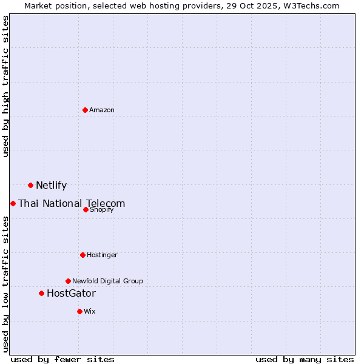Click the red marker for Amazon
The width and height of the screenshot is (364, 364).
(x=85, y=110)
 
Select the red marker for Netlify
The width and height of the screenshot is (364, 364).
(x=30, y=185)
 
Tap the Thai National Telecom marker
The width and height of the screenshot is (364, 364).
(x=13, y=203)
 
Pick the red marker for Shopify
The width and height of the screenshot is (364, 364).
(x=86, y=209)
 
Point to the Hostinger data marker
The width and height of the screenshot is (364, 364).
(x=83, y=255)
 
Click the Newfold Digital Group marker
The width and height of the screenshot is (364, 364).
(x=68, y=281)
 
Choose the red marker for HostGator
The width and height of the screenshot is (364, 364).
(x=41, y=293)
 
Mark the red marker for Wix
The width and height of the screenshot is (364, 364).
(x=79, y=311)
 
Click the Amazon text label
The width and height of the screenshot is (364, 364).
(x=102, y=110)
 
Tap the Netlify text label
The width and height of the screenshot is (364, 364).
(x=51, y=186)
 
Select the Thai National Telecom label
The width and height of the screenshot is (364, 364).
(x=72, y=204)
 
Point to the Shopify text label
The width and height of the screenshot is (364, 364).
(x=102, y=209)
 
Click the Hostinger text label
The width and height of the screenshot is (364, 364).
(x=102, y=255)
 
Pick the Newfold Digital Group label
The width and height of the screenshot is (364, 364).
(x=107, y=281)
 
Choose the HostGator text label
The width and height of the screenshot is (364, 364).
(x=71, y=294)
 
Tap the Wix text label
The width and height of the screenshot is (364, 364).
(x=90, y=311)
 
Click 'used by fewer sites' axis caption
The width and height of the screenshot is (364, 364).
(x=62, y=359)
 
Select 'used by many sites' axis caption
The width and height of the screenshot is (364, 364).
(x=305, y=359)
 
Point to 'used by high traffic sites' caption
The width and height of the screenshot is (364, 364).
(x=6, y=86)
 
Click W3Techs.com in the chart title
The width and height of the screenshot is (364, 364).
(x=311, y=5)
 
